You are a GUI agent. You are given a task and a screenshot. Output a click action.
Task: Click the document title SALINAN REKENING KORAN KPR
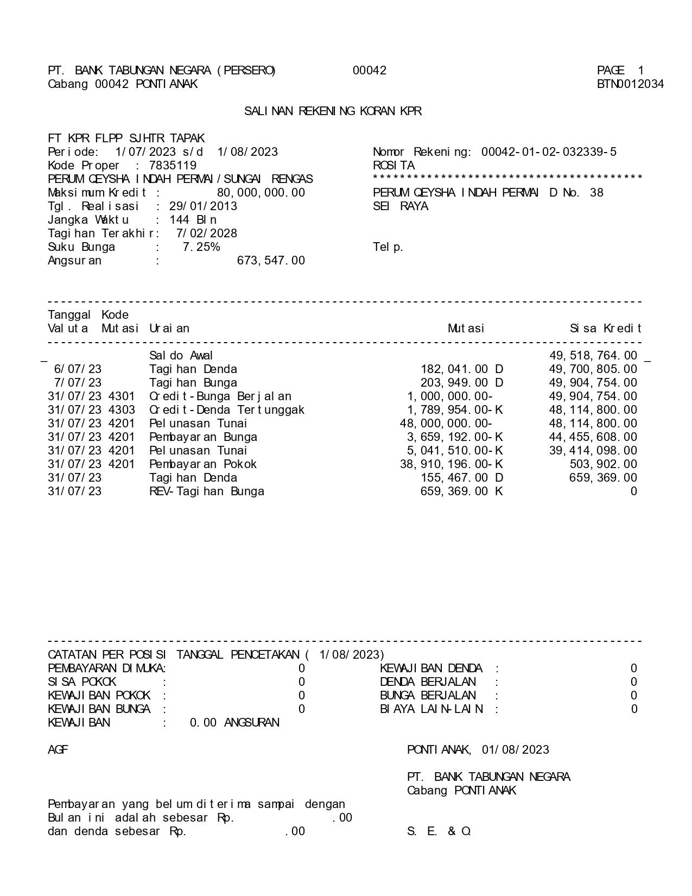(333, 111)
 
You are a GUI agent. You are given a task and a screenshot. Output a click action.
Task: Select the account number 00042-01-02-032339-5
(549, 152)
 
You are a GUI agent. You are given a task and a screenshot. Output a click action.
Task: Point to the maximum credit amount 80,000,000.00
(261, 193)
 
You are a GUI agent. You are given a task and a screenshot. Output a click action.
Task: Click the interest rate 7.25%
(201, 247)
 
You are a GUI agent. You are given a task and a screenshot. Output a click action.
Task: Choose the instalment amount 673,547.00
(271, 261)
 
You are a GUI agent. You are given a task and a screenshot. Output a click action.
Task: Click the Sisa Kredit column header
(606, 329)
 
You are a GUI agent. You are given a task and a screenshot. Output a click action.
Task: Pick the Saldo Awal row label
(181, 356)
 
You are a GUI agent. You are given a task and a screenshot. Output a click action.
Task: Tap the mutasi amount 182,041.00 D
(462, 369)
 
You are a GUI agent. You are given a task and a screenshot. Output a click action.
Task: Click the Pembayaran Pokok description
(203, 464)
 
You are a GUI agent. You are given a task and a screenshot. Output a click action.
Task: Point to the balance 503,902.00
(603, 464)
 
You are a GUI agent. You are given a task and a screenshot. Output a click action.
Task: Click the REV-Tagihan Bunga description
(207, 491)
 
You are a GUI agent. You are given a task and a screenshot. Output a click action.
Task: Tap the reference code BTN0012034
(630, 84)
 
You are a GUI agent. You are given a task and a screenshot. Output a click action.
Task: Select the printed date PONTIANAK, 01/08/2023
(478, 750)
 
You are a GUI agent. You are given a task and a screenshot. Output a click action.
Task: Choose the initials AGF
(58, 750)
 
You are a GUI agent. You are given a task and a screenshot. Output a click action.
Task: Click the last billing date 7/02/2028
(207, 234)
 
